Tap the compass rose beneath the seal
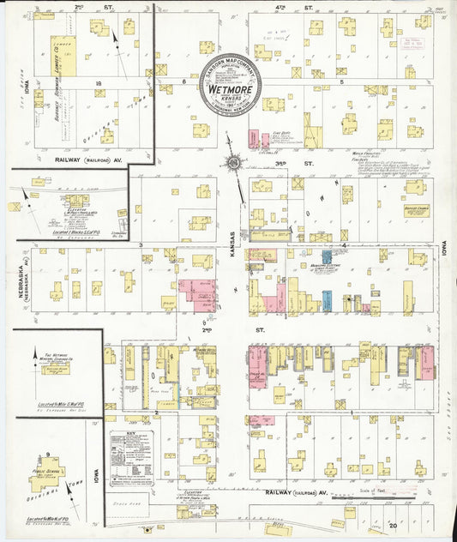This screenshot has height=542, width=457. tap(232, 163)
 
